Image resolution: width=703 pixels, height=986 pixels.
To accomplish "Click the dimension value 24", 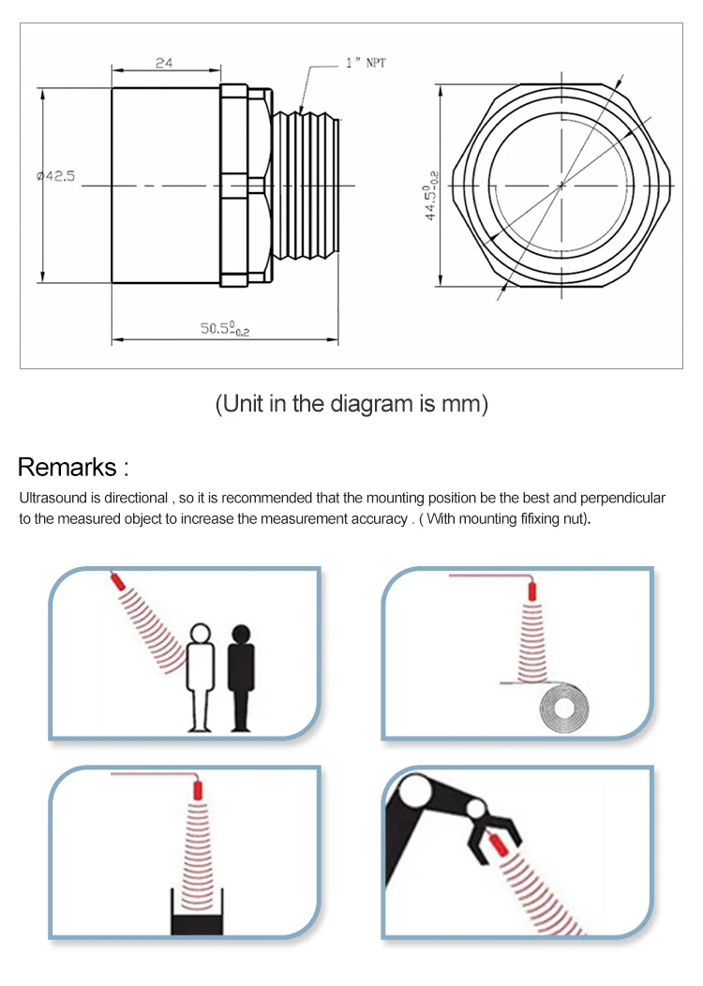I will click(164, 63).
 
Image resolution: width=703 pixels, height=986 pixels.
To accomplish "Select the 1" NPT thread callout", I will click(365, 64).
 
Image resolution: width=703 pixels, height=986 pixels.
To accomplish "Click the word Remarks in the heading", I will click(67, 467).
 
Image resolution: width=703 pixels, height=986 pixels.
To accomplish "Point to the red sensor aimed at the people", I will click(118, 581).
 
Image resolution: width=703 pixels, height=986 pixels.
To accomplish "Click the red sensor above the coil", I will click(531, 590).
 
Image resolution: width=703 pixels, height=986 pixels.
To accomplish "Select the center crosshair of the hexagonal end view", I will click(561, 185).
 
